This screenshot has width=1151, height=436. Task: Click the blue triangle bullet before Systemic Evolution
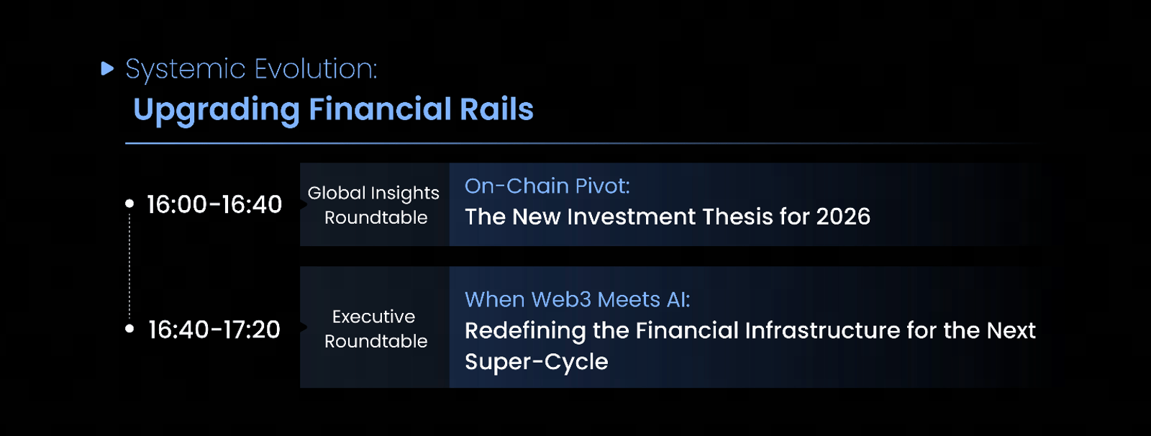tap(107, 68)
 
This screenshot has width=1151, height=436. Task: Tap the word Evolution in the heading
tap(316, 68)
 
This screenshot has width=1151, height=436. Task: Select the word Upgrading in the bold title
tap(217, 110)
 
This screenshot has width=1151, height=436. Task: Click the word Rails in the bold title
tap(497, 109)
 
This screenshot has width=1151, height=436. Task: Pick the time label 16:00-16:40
tap(214, 204)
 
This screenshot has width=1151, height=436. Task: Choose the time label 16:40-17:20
tap(214, 329)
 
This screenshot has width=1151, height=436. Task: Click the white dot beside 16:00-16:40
tap(129, 204)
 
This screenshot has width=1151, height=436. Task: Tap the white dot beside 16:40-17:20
tap(129, 328)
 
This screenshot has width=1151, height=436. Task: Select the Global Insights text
tap(373, 194)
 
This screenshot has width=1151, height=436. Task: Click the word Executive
tap(373, 316)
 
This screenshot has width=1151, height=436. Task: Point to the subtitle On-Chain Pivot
tap(547, 186)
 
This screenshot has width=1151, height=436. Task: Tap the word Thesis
tap(737, 217)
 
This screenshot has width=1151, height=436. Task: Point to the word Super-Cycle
tap(537, 362)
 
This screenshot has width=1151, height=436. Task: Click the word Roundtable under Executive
tap(376, 341)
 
